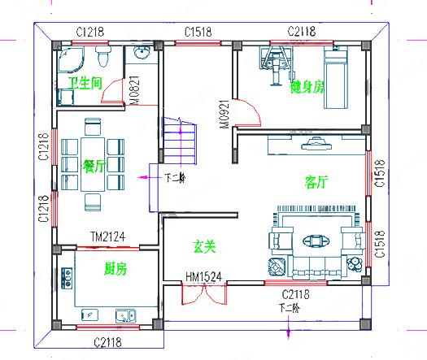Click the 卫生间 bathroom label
tap(85, 84)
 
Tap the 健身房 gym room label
tap(307, 86)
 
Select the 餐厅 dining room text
tap(94, 166)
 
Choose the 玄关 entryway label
tap(203, 245)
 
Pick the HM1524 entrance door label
tap(203, 276)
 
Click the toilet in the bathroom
tap(102, 58)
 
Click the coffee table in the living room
tap(314, 241)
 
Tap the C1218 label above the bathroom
tap(90, 32)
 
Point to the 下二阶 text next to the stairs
tap(175, 177)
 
